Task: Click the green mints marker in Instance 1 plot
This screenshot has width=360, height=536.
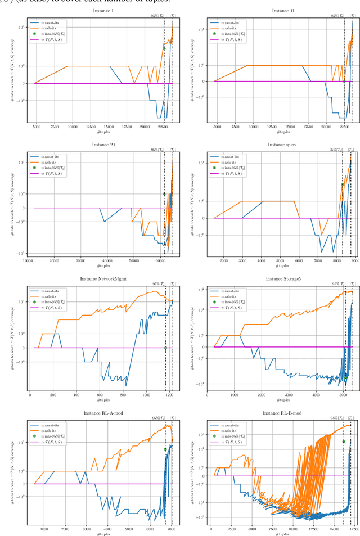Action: coord(164,49)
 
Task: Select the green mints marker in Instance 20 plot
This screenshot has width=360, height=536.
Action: coord(164,194)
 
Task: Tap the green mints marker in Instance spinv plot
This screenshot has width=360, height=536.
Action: coord(343,184)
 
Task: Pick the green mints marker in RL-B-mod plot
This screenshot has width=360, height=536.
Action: coord(344,442)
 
